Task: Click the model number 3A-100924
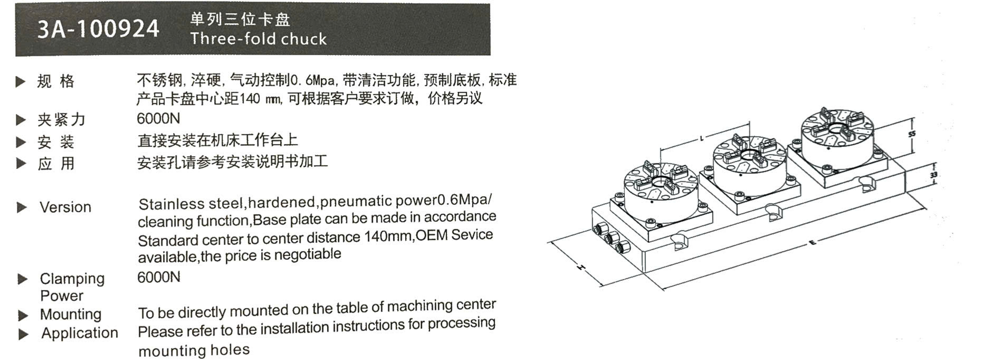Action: coord(98,29)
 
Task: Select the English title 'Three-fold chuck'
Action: coord(259,39)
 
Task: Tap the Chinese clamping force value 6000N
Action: coord(158,118)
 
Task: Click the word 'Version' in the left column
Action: coord(65,207)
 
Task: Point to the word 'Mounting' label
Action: coord(71,314)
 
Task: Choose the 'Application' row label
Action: coord(80,333)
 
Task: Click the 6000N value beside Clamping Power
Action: coord(159,277)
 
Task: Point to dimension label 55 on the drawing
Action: coord(912,134)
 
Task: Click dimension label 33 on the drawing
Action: coord(934,175)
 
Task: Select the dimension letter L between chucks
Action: coord(701,139)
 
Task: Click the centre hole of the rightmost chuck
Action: coord(836,129)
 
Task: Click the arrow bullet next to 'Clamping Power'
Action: coord(22,279)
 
